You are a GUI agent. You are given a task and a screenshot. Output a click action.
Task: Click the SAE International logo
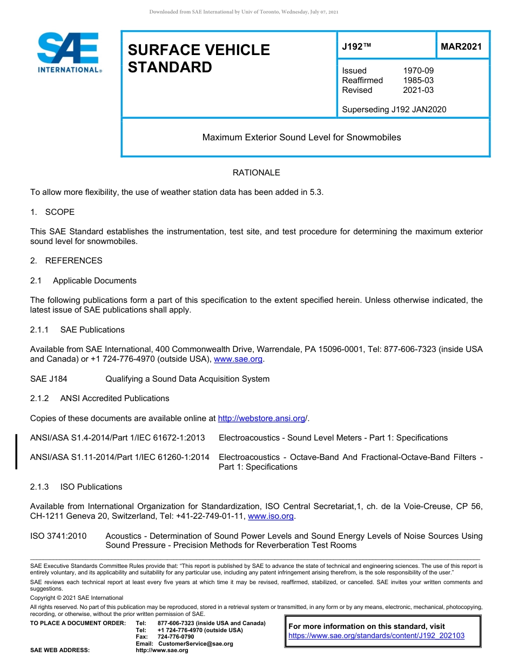click(x=68, y=52)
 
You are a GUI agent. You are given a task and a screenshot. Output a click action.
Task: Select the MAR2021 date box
click(x=461, y=46)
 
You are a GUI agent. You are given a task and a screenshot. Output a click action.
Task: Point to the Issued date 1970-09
click(x=418, y=71)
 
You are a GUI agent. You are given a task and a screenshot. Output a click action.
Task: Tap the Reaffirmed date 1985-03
click(x=418, y=80)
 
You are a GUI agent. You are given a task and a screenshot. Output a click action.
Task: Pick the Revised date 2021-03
click(x=418, y=90)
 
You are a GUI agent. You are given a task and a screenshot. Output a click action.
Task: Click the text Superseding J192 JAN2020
click(x=394, y=110)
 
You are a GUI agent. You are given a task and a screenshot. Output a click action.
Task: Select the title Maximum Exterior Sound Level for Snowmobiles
click(x=301, y=138)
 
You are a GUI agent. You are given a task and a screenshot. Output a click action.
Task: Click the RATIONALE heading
click(x=256, y=173)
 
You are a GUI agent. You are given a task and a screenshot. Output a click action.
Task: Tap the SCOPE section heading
click(x=59, y=212)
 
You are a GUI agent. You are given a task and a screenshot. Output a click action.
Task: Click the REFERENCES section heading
click(x=73, y=261)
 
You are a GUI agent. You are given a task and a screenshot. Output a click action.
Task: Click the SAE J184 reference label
click(x=49, y=379)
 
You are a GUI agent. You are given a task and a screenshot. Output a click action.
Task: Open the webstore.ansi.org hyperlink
click(x=261, y=418)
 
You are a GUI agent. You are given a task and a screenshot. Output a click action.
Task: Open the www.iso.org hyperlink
click(x=271, y=517)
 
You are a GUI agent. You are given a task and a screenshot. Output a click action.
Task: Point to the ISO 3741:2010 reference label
click(x=58, y=536)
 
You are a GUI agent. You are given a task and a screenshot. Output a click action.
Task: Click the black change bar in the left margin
click(x=17, y=451)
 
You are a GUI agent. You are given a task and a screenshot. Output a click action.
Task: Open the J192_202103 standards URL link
click(x=376, y=636)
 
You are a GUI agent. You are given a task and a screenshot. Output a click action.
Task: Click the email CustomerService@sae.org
click(x=195, y=643)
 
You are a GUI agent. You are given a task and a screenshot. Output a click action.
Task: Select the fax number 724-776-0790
click(x=176, y=637)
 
